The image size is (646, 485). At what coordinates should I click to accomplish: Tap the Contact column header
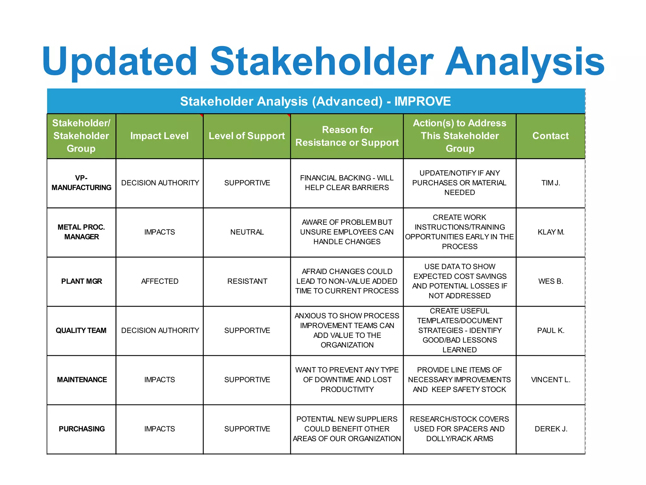(550, 136)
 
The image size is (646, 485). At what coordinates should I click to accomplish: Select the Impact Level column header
(159, 136)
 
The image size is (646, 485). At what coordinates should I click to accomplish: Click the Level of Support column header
(247, 136)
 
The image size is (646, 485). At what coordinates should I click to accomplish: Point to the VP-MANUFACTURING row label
(81, 183)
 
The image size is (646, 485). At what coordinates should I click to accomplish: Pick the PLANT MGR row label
(81, 281)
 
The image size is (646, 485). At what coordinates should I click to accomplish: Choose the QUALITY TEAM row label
(81, 331)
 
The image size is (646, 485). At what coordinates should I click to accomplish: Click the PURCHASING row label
(82, 429)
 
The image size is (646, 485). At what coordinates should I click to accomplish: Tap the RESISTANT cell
(247, 281)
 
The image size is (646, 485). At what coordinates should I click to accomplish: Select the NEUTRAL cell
(247, 232)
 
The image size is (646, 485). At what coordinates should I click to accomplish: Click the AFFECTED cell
(160, 281)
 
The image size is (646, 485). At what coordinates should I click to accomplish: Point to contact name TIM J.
(551, 183)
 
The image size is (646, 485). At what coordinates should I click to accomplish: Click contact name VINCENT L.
(551, 380)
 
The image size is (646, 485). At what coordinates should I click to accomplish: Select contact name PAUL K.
(551, 331)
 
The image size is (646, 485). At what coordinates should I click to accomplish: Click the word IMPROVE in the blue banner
(422, 101)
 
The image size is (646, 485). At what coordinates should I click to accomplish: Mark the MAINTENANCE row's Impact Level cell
(160, 380)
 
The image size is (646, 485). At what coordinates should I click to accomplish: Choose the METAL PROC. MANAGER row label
(81, 232)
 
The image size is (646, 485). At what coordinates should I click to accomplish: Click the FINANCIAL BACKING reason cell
(347, 183)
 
